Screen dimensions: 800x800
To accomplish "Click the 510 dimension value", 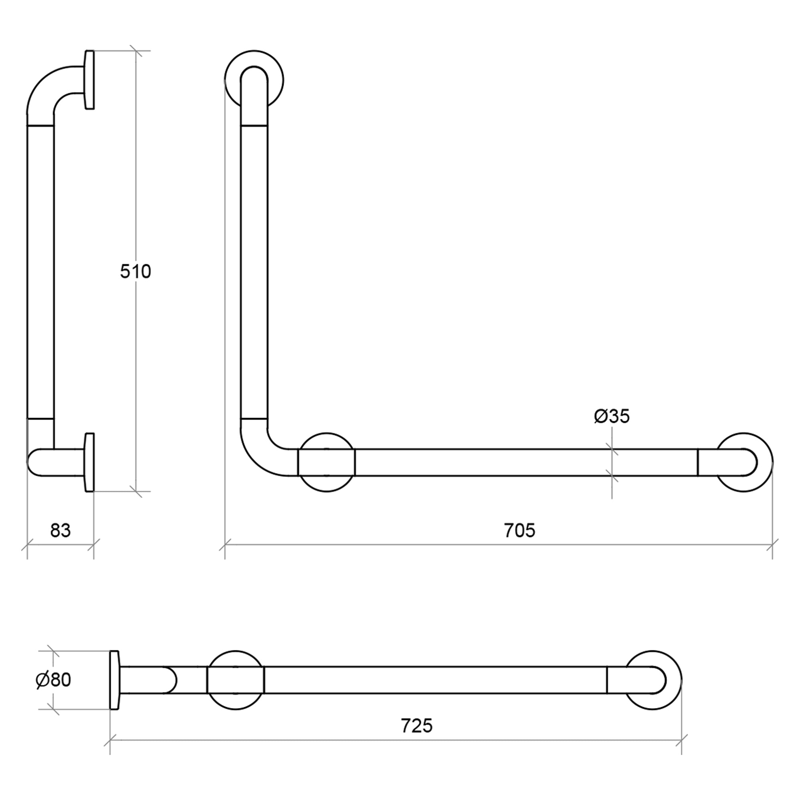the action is (x=136, y=271).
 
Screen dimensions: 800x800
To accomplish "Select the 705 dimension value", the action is (x=520, y=530).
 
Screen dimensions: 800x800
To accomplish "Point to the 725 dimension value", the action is (x=416, y=726).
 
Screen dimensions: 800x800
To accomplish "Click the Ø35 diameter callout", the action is (x=612, y=416).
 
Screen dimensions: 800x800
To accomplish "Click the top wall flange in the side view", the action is (x=90, y=80).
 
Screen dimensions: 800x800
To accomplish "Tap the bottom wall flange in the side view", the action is (x=90, y=462).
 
